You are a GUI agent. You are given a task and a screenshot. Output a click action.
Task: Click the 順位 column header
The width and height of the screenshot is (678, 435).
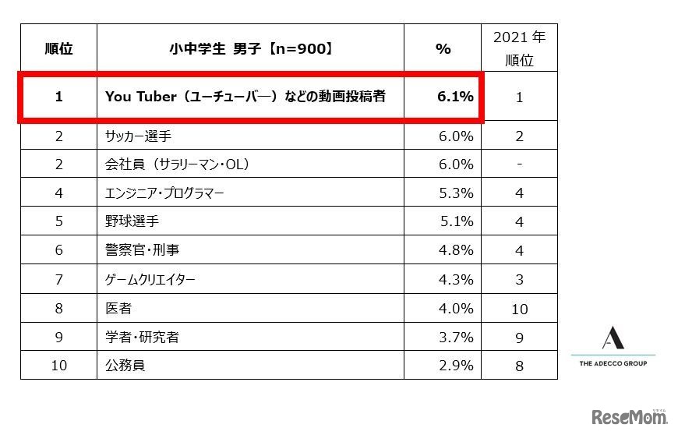58,48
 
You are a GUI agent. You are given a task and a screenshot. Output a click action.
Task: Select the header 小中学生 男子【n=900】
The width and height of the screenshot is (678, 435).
250,48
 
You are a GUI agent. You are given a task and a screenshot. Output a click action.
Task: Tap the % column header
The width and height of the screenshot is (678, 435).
443,48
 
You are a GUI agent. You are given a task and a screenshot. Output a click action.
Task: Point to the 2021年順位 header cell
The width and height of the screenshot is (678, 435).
519,48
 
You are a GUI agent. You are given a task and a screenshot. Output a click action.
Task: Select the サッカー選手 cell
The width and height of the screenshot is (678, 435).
138,136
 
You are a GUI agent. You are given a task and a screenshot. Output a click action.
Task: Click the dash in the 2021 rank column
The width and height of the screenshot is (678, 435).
519,164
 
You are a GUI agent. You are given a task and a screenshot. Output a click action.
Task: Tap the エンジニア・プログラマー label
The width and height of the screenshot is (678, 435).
164,193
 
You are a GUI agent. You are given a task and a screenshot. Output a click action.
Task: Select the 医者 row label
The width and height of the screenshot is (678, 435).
118,308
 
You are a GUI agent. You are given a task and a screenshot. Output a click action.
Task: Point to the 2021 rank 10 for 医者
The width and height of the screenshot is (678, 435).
519,309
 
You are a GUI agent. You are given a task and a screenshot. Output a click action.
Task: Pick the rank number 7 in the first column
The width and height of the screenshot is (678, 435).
58,279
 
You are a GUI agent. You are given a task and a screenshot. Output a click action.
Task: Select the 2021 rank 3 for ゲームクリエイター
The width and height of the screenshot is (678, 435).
519,280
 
